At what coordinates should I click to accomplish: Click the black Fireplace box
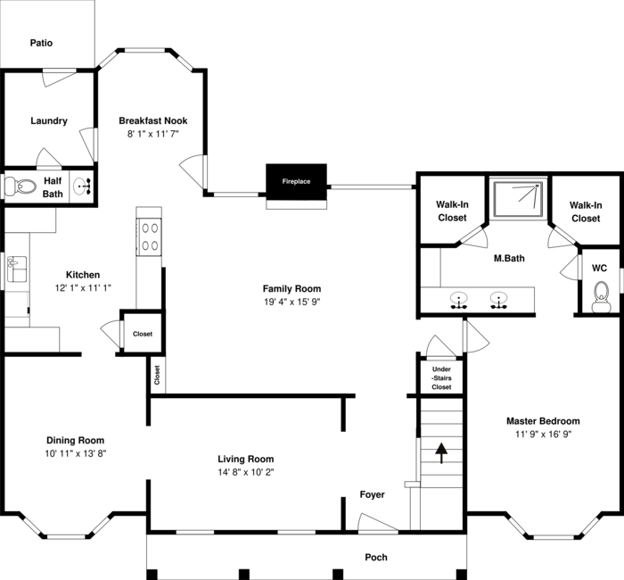pos(296,181)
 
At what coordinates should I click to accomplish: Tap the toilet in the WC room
pos(602,296)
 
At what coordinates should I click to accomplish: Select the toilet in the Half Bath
pos(19,187)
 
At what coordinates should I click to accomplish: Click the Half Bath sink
pos(81,187)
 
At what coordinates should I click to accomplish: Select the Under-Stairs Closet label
pos(441,377)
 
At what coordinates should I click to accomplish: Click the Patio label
pos(41,42)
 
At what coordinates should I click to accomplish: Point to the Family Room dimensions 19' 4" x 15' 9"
pos(291,302)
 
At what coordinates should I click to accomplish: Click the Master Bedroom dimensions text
pos(543,434)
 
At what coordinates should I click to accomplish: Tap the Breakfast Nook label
pos(153,120)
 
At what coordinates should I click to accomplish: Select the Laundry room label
pos(48,120)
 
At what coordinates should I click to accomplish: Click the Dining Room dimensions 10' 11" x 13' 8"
pos(76,453)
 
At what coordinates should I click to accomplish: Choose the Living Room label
pos(245,459)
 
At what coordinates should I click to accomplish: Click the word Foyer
pos(372,494)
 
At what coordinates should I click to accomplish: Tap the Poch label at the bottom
pos(376,557)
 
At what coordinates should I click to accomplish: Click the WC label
pos(599,267)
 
